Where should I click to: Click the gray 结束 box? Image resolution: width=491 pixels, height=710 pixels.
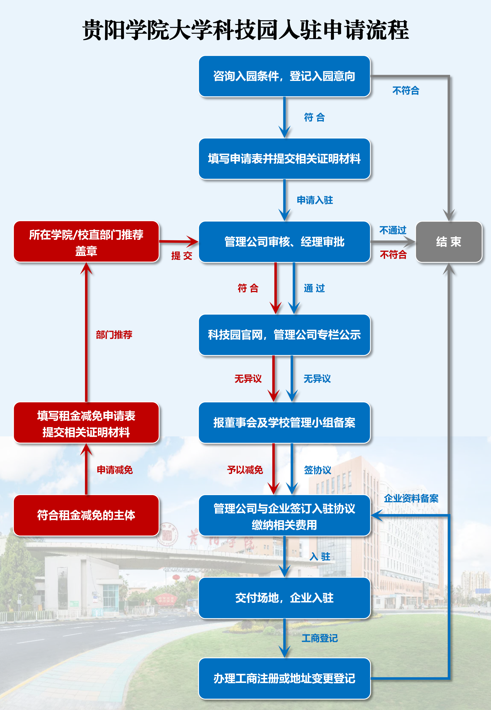[x=448, y=242]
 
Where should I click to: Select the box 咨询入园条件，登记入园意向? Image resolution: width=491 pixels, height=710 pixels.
[x=284, y=76]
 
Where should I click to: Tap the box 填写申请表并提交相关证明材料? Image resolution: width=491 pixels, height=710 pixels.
[x=284, y=159]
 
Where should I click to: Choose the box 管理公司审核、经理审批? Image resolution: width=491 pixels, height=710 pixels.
[x=284, y=242]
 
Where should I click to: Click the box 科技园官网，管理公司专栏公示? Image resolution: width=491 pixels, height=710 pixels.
[x=284, y=335]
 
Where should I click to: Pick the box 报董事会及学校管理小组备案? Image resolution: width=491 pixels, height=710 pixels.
[x=284, y=423]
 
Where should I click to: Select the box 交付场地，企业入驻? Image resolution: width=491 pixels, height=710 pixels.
[x=284, y=598]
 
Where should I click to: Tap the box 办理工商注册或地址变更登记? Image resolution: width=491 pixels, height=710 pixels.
[x=284, y=679]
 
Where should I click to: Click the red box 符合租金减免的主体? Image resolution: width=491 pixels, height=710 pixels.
[x=86, y=515]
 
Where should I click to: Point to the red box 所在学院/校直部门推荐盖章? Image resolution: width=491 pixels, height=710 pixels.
[x=86, y=242]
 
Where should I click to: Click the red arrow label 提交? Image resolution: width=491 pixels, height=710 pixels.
[x=181, y=256]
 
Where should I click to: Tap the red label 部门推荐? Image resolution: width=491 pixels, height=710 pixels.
[x=114, y=335]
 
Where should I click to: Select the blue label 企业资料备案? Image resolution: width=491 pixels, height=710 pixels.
[x=411, y=498]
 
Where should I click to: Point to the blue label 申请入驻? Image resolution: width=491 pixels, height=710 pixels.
[x=315, y=200]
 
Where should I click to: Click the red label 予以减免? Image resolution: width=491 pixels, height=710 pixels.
[x=245, y=470]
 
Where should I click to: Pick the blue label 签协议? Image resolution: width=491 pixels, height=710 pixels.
[x=317, y=470]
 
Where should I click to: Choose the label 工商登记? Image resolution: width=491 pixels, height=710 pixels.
[x=320, y=638]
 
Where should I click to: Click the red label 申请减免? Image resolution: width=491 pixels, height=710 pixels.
[x=115, y=470]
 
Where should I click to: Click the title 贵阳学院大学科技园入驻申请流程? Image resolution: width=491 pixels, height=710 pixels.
[x=245, y=30]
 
